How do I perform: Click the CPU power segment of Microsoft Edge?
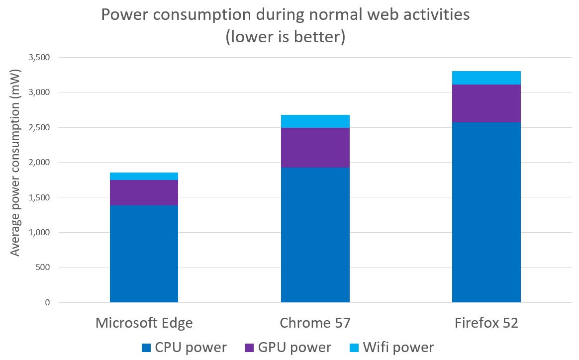tap(144, 254)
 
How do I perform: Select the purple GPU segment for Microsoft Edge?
tap(144, 192)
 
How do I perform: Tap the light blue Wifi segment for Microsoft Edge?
tap(144, 176)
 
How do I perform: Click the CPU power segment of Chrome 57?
tap(315, 235)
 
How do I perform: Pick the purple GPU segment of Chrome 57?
tap(315, 148)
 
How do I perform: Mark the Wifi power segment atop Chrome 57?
tap(315, 121)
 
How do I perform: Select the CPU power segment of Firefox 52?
tap(486, 212)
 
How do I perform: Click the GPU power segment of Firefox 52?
tap(486, 103)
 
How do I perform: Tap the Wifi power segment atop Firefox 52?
tap(486, 78)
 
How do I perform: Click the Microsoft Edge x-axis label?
tap(144, 323)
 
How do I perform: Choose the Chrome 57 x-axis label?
tap(315, 323)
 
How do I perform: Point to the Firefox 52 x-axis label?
tap(486, 323)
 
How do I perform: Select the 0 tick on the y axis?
tap(47, 302)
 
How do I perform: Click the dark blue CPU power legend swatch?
tap(147, 348)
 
